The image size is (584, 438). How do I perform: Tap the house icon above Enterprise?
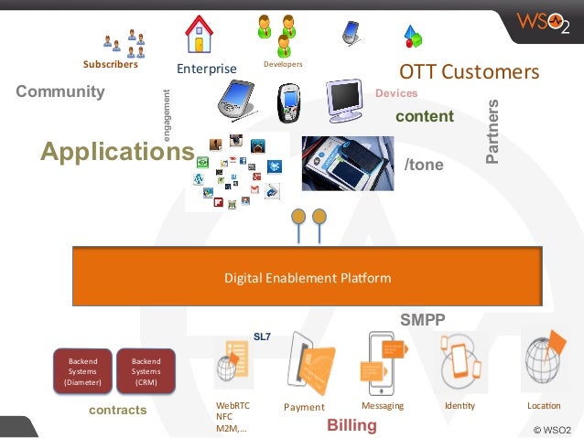pos(199,36)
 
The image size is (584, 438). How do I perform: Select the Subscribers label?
pos(110,65)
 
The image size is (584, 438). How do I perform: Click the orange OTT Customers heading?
pos(470,71)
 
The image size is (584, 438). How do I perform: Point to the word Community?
pos(60,91)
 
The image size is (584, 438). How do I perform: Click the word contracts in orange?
pos(117,411)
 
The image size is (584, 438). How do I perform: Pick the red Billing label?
pos(351,425)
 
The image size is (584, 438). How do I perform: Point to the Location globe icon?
pos(544,361)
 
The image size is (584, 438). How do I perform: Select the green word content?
pos(424,116)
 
